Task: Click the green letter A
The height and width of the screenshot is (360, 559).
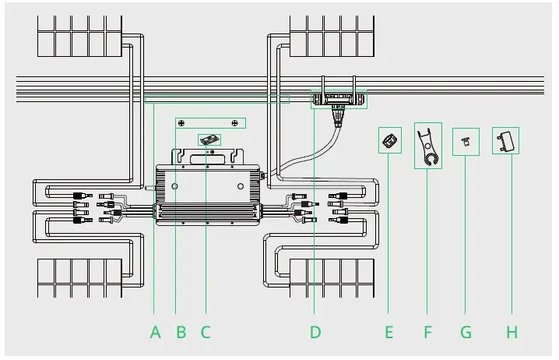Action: click(156, 332)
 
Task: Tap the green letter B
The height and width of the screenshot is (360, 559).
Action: click(181, 332)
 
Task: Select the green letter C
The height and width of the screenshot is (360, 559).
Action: click(206, 332)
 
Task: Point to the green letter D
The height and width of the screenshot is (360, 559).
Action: click(315, 332)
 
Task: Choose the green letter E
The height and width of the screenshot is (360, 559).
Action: click(389, 332)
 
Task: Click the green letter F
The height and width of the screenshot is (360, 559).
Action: click(427, 332)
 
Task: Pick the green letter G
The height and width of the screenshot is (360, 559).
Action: click(466, 332)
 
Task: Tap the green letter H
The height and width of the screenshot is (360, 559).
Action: click(512, 332)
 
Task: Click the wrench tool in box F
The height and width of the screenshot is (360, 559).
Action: click(427, 146)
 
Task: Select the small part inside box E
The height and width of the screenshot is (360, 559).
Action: click(389, 140)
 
